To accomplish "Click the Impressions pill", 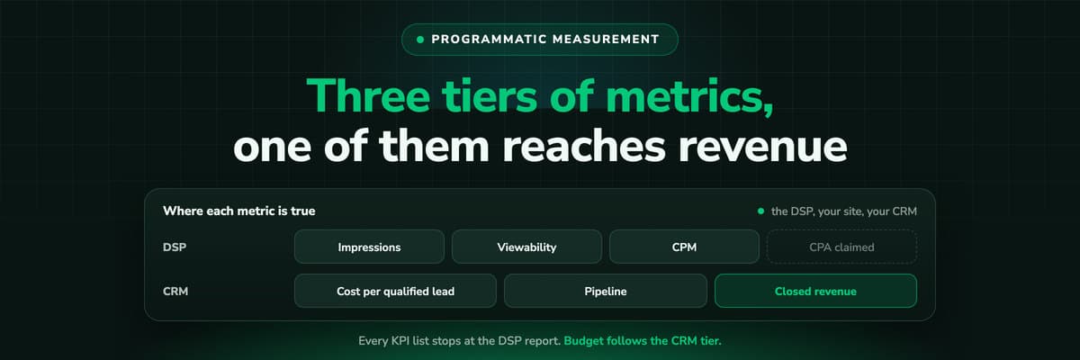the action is pos(369,247).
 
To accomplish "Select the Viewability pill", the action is pos(526,247).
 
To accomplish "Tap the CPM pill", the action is pos(684,247).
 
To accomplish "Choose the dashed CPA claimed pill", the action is pos(841,247).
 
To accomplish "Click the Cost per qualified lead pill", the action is pos(395,291).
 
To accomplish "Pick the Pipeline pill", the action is pos(606,291).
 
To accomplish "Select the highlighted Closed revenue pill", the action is pos(815,291).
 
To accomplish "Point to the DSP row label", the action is pos(175,247).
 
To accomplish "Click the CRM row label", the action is pos(175,292).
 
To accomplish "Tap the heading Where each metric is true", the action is pos(239,211).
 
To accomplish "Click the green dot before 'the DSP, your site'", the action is pos(760,211).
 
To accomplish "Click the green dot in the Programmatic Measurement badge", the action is pos(420,40).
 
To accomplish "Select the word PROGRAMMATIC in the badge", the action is pos(489,39).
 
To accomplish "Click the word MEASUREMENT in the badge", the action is pos(606,39).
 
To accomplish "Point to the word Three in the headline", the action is pos(368,95).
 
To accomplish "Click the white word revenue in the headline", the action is pos(763,147).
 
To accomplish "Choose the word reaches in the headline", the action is pos(584,145).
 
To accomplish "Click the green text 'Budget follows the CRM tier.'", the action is pos(643,341).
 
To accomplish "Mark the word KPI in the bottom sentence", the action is pos(400,341).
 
